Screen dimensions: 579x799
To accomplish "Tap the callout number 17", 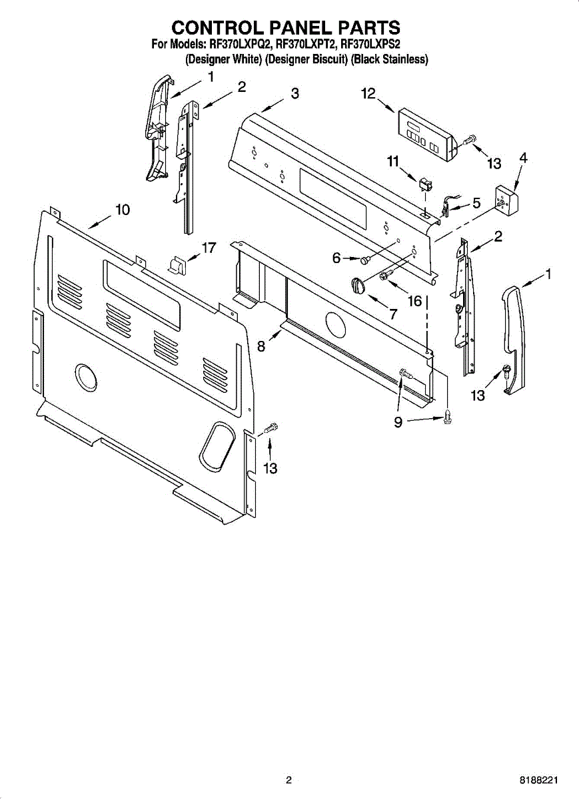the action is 209,248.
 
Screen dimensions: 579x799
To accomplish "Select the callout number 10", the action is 122,210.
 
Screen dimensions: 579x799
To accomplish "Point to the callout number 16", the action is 414,301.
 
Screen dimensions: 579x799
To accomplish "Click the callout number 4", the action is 523,158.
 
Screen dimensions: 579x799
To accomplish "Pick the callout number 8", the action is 261,346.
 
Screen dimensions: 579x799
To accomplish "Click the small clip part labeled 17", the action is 177,265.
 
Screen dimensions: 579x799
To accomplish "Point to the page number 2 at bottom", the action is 289,780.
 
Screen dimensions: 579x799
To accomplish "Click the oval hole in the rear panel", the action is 216,444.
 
